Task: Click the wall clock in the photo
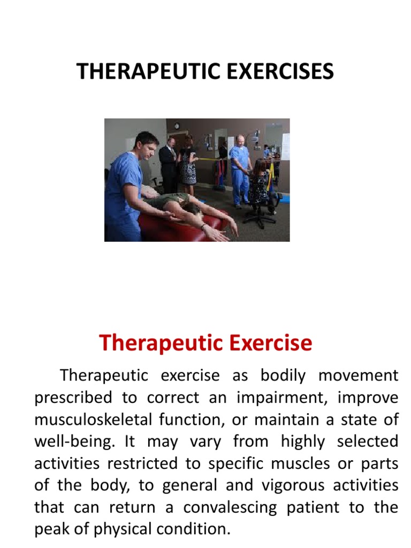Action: click(x=177, y=126)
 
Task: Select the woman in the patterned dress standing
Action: click(x=188, y=163)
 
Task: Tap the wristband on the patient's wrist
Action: click(x=203, y=226)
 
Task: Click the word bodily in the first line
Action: click(x=283, y=376)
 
